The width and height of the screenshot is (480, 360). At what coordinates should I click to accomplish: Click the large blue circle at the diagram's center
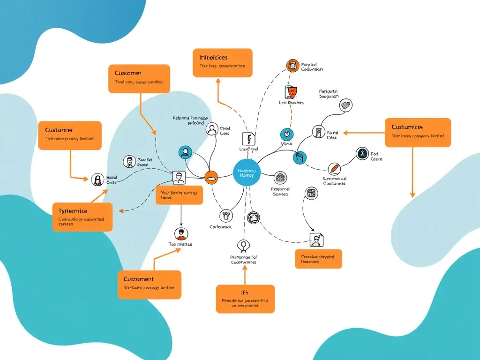click(x=246, y=172)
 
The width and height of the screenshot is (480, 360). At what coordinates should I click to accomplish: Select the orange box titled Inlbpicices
click(x=222, y=63)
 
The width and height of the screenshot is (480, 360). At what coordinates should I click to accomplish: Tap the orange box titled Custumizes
click(x=418, y=133)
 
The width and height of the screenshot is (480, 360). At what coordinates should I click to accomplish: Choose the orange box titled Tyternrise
click(x=82, y=217)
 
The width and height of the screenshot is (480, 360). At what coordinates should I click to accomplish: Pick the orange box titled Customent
click(x=149, y=285)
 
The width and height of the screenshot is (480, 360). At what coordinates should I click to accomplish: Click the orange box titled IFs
click(x=245, y=299)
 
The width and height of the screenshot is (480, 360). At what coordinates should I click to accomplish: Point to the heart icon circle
click(x=345, y=105)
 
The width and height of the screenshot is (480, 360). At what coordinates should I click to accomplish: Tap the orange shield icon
click(x=291, y=91)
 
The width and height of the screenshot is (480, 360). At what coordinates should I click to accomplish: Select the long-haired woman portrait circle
click(x=97, y=180)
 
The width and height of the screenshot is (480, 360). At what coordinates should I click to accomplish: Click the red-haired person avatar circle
click(x=181, y=233)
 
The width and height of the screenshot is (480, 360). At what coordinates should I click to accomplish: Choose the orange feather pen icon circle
click(x=334, y=168)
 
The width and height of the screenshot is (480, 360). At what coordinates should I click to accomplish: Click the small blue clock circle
click(x=287, y=134)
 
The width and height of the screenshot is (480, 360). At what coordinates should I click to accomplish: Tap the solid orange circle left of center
click(x=211, y=177)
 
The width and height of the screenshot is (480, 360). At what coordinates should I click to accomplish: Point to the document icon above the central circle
click(x=248, y=139)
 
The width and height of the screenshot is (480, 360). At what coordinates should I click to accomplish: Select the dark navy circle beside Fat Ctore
click(x=362, y=153)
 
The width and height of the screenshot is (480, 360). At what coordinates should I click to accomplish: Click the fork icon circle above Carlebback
click(x=226, y=215)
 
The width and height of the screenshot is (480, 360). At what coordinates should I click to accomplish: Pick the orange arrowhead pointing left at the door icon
click(x=345, y=133)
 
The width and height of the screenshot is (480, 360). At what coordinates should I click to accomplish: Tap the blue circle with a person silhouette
click(x=186, y=152)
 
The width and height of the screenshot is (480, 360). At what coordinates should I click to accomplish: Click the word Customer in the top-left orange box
click(x=128, y=73)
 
